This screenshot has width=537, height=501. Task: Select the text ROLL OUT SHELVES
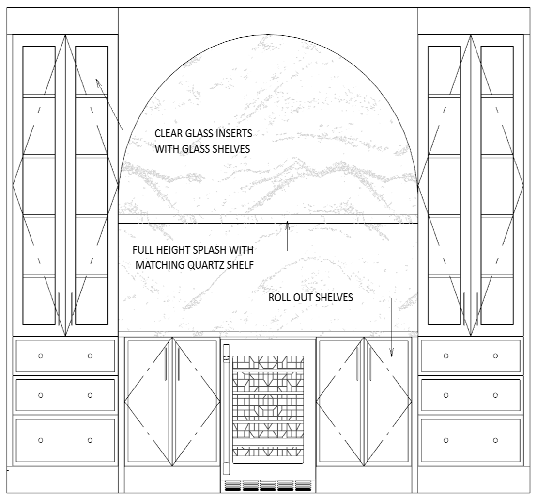tap(310, 298)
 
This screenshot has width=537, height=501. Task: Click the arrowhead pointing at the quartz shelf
tap(287, 225)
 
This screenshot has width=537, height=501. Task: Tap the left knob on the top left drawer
tap(41, 356)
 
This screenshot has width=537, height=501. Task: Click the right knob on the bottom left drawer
tap(90, 440)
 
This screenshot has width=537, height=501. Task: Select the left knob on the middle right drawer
tap(446, 395)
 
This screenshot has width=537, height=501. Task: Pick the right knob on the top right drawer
tap(495, 356)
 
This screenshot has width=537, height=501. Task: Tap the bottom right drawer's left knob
tap(446, 440)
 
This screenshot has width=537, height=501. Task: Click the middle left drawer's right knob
tap(90, 395)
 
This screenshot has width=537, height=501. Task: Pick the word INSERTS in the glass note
tap(235, 133)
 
